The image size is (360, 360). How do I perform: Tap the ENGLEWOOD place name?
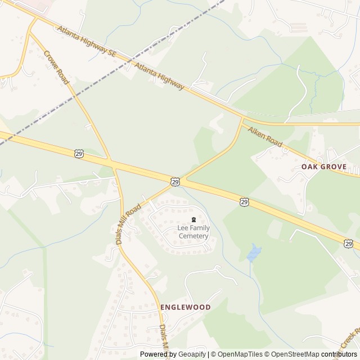(x=186, y=307)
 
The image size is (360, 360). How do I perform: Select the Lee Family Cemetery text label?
(x=193, y=232)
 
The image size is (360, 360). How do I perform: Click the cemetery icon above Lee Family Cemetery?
(x=193, y=219)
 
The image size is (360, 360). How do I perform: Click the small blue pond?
(x=254, y=253)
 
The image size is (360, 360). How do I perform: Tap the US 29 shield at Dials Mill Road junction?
(x=175, y=181)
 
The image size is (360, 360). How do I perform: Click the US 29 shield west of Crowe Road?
(x=79, y=154)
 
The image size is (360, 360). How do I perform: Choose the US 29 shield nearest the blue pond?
(x=244, y=201)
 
